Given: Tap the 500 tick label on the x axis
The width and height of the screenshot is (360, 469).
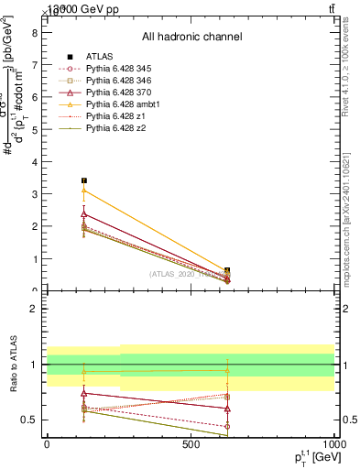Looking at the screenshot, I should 191,445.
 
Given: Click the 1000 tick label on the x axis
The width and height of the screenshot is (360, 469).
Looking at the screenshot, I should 333,445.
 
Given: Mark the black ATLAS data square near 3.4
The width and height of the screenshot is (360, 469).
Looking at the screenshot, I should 84,180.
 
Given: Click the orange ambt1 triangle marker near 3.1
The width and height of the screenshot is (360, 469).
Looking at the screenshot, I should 84,190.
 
